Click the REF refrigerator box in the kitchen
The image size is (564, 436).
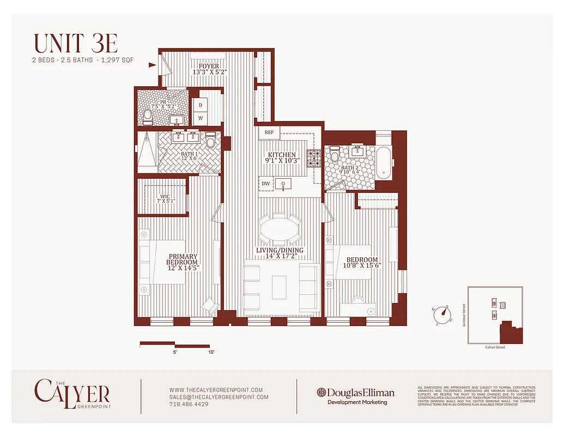click(x=269, y=132)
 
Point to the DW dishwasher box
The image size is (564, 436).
click(x=266, y=184)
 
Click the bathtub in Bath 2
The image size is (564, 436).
click(x=384, y=163)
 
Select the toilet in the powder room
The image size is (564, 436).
click(x=147, y=117)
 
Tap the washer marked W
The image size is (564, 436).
click(x=201, y=118)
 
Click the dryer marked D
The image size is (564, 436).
click(x=201, y=104)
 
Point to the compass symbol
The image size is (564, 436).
click(x=445, y=314)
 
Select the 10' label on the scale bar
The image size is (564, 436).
click(x=211, y=353)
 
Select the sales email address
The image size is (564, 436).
click(x=219, y=397)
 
